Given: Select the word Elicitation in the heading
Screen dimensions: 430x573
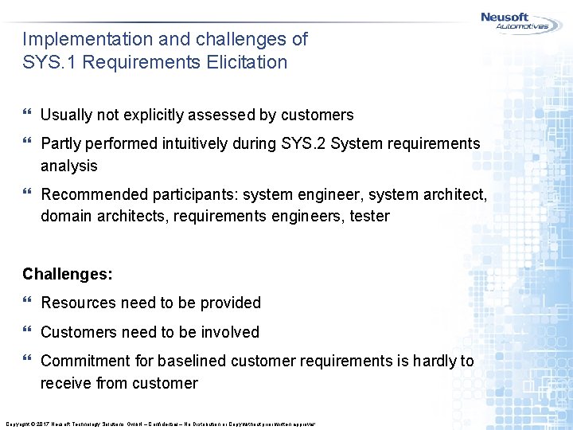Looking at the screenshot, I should coord(247,62).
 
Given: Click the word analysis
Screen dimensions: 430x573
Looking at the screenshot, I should coord(69,166).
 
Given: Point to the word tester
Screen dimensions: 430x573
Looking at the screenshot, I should coord(368,216).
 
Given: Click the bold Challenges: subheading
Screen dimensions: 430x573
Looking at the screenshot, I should coord(68,274).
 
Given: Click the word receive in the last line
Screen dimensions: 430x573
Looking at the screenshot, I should coord(66,383).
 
